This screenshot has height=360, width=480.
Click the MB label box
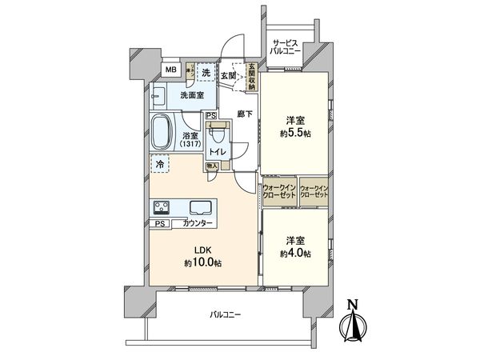pyautogui.click(x=170, y=70)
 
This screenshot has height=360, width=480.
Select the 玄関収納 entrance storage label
pyautogui.click(x=251, y=76)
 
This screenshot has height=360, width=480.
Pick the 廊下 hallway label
pyautogui.click(x=245, y=114)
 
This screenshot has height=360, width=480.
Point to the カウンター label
pyautogui.click(x=198, y=223)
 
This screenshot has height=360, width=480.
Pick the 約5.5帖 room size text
pyautogui.click(x=296, y=133)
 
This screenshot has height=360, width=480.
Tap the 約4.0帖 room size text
pyautogui.click(x=296, y=254)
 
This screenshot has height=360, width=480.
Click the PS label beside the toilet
pyautogui.click(x=210, y=115)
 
